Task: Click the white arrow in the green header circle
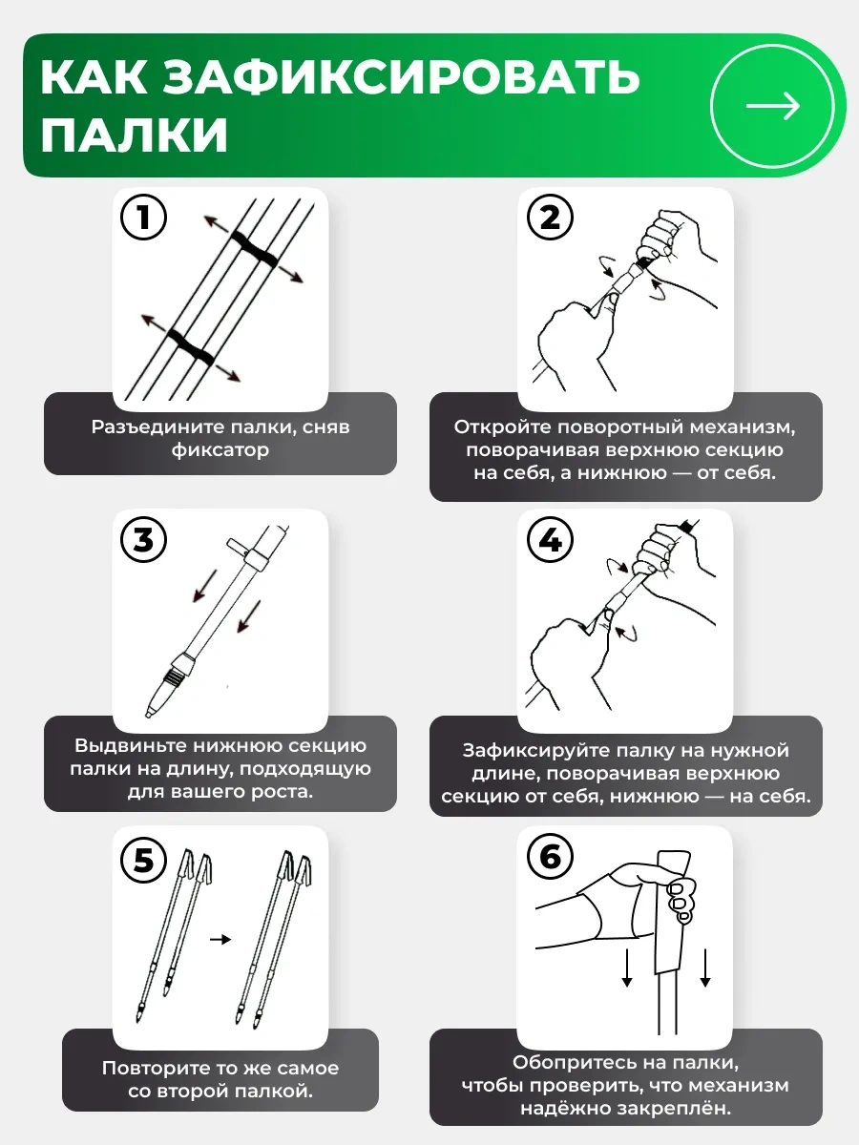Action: (x=773, y=106)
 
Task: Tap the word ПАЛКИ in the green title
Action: (x=135, y=135)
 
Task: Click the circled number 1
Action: (x=143, y=217)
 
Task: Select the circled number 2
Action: (x=549, y=217)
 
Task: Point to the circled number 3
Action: (x=143, y=539)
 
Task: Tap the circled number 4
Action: (x=549, y=539)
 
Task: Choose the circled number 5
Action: (x=143, y=860)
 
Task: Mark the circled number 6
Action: (x=549, y=857)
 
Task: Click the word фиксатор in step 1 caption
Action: (x=220, y=449)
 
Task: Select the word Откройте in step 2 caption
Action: (x=502, y=427)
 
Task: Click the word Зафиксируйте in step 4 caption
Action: (x=532, y=751)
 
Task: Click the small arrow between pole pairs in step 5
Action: (x=220, y=940)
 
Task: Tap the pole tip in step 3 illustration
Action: (x=148, y=713)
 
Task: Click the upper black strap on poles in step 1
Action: (x=255, y=249)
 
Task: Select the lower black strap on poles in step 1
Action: (x=191, y=346)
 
